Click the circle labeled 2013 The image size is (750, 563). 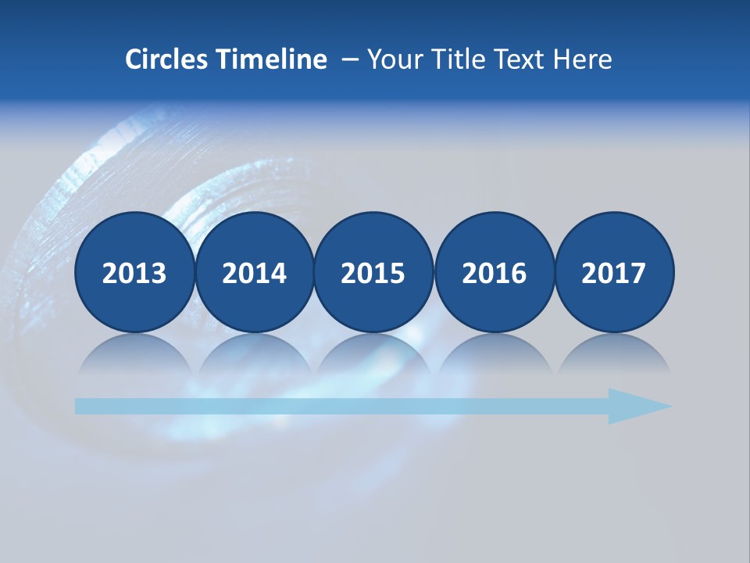(x=134, y=272)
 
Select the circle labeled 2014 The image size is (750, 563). (x=255, y=272)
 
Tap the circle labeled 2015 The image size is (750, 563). (x=373, y=272)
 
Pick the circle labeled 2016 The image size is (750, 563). (x=494, y=272)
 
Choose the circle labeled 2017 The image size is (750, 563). (x=614, y=272)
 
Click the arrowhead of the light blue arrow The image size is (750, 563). (x=637, y=406)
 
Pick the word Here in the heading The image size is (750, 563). (x=583, y=59)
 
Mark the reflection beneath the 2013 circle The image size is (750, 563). (x=134, y=356)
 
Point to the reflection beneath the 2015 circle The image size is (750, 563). (x=373, y=356)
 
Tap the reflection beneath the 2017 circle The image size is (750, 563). (x=614, y=356)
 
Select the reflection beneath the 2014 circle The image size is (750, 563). (x=255, y=356)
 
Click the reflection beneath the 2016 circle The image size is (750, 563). (x=494, y=356)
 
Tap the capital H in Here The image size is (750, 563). (x=561, y=59)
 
